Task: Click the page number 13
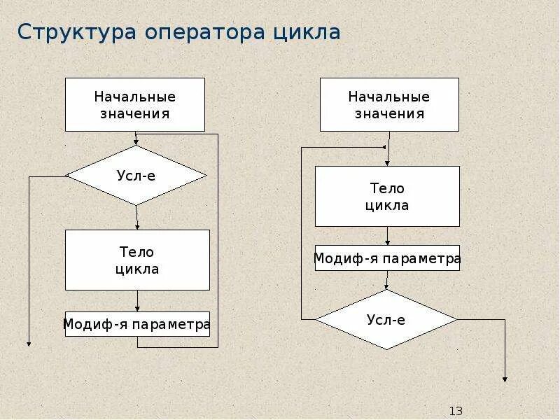pyautogui.click(x=456, y=411)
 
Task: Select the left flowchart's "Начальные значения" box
pyautogui.click(x=135, y=104)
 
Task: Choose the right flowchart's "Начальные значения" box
pyautogui.click(x=389, y=104)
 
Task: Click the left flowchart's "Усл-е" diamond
pyautogui.click(x=136, y=175)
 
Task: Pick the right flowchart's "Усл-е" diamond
pyautogui.click(x=386, y=320)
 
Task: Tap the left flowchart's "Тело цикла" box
pyautogui.click(x=137, y=260)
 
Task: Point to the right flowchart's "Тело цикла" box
pyautogui.click(x=387, y=196)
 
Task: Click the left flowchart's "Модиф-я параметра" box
pyautogui.click(x=137, y=324)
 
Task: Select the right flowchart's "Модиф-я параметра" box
pyautogui.click(x=387, y=258)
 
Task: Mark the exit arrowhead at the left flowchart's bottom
pyautogui.click(x=29, y=343)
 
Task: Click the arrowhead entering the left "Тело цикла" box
pyautogui.click(x=138, y=226)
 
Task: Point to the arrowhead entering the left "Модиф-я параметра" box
pyautogui.click(x=138, y=308)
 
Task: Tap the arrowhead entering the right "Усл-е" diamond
pyautogui.click(x=386, y=286)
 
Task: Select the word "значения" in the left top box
pyautogui.click(x=135, y=113)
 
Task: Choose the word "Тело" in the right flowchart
pyautogui.click(x=387, y=188)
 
